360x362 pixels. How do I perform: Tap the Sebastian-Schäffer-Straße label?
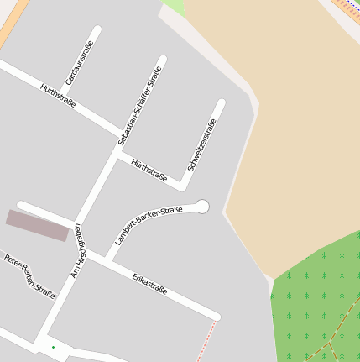coord(138,104)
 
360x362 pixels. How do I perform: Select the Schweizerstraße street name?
coord(202,144)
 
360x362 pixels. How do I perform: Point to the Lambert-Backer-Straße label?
coord(149,224)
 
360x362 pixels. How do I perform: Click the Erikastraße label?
coord(149,284)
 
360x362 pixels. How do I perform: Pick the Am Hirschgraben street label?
coord(77,250)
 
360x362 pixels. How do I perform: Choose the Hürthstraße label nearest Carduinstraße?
coord(58,94)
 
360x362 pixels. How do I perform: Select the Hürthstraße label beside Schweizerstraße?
coord(149,170)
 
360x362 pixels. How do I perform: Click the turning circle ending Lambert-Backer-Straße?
coord(201,207)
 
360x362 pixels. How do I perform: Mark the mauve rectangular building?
coord(38,225)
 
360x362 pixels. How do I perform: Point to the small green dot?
coord(53,347)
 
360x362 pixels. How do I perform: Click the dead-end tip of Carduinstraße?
coord(97,31)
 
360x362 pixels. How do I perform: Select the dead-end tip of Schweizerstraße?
coord(222,104)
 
